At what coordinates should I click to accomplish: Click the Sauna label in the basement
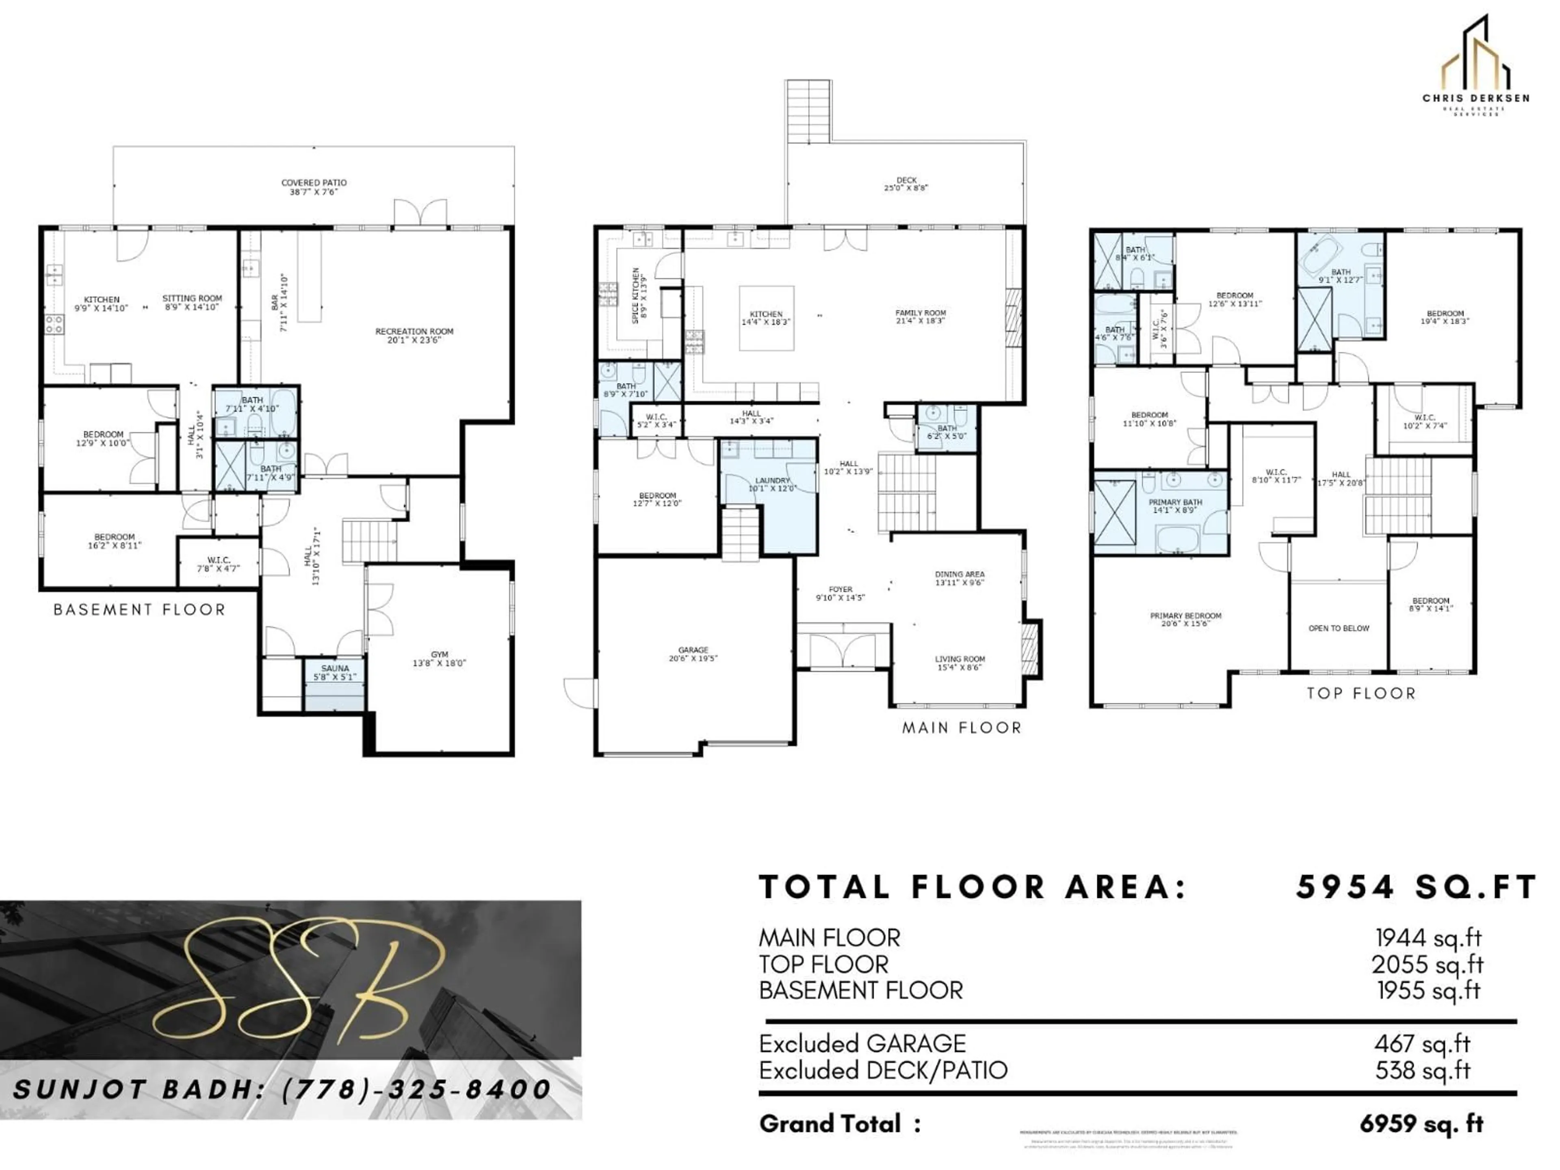[335, 672]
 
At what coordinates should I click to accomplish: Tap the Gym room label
[440, 659]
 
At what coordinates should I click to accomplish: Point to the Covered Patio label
[314, 187]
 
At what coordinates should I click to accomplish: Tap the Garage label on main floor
[693, 654]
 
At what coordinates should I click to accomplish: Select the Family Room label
[920, 316]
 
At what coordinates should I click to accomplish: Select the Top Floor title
[1361, 693]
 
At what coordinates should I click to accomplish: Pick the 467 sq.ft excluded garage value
[1422, 1044]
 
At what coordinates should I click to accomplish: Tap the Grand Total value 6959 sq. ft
[1421, 1123]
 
